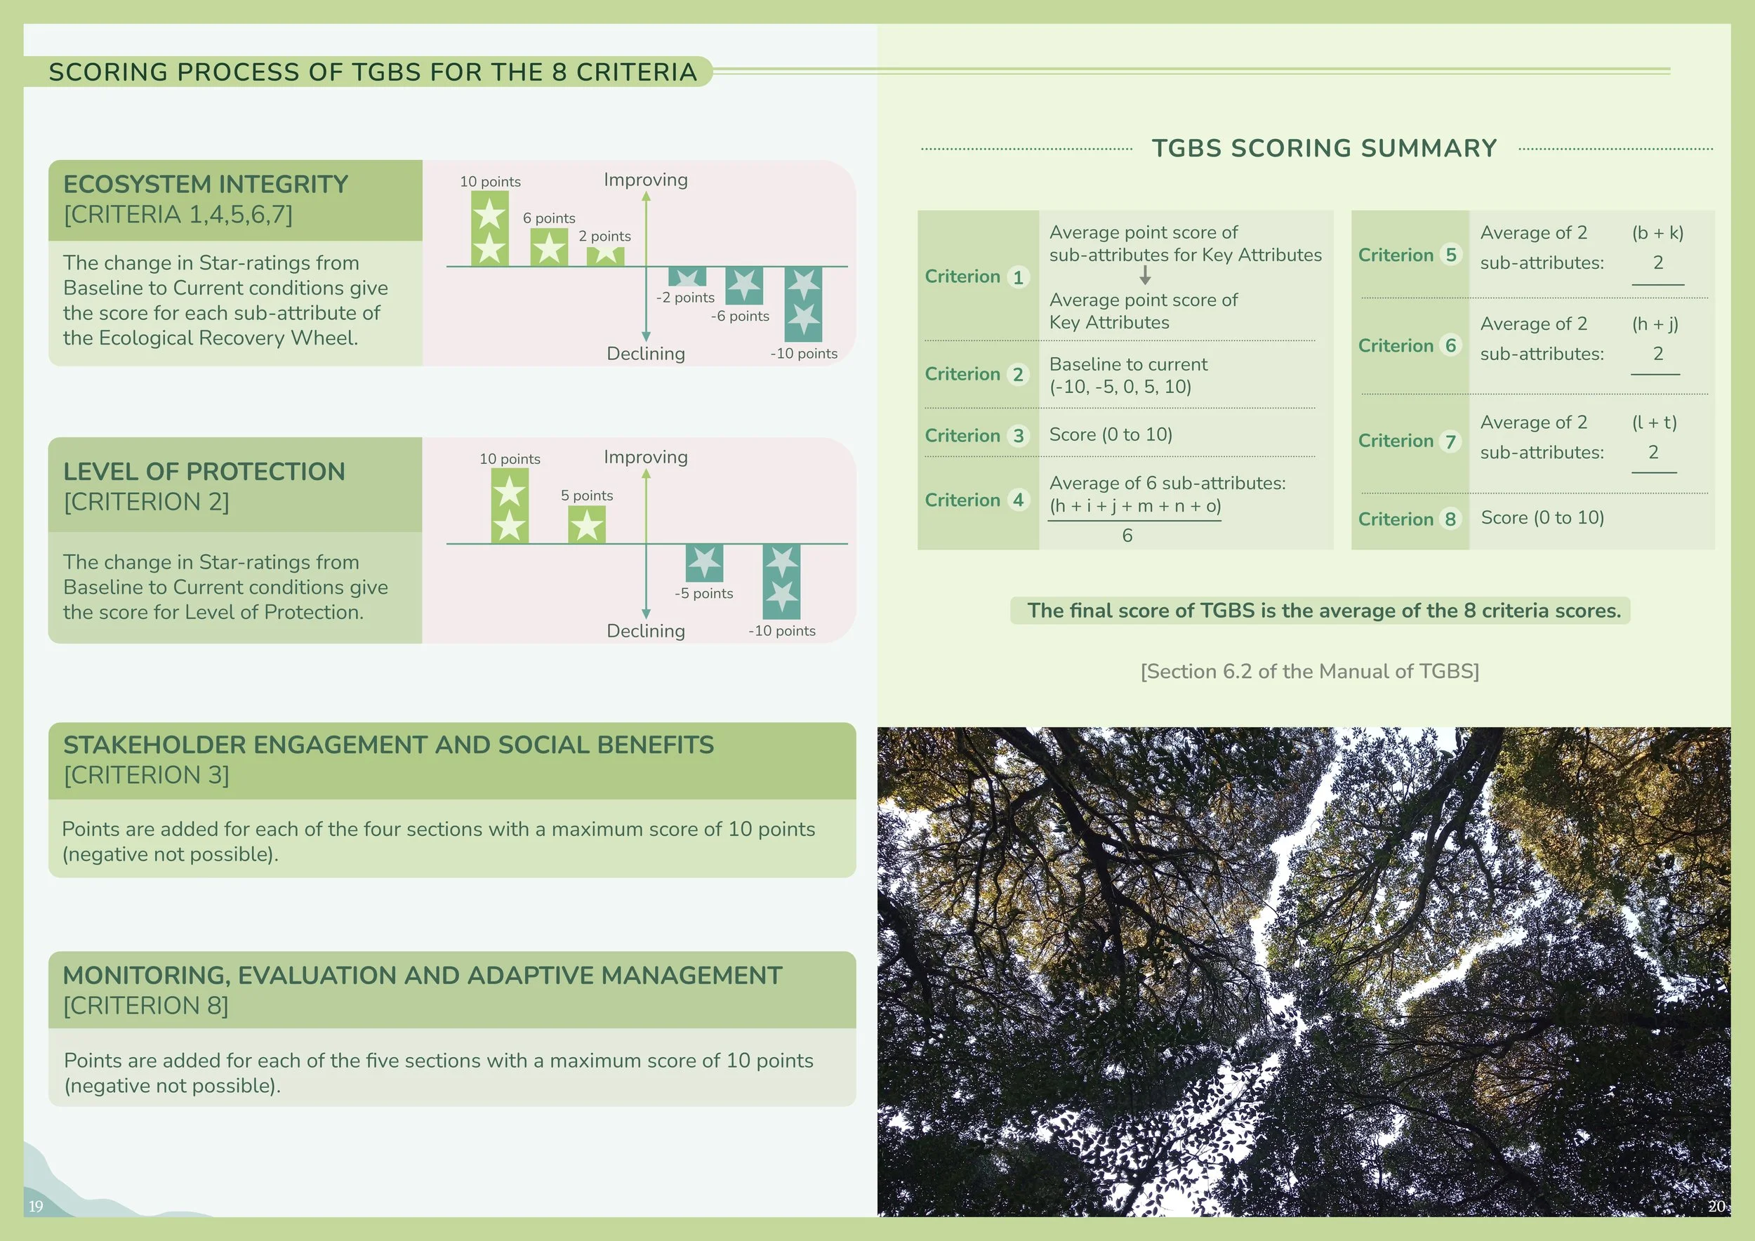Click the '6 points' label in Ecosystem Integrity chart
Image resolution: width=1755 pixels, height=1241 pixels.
click(549, 218)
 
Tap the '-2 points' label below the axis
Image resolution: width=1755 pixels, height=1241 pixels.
click(685, 297)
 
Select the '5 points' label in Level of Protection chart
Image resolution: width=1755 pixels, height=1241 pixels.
click(586, 495)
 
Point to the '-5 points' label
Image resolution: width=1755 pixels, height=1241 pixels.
click(703, 593)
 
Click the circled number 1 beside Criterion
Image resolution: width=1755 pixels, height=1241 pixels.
click(1017, 277)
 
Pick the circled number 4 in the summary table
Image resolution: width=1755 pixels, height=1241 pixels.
click(1017, 500)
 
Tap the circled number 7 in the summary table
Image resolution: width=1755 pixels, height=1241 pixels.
click(1450, 441)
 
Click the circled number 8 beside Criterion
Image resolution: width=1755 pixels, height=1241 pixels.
click(1450, 519)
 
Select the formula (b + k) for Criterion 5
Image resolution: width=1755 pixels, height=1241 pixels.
click(1657, 233)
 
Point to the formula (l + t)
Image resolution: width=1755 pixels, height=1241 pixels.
click(1654, 423)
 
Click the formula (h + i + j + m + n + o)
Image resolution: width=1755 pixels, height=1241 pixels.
click(1134, 506)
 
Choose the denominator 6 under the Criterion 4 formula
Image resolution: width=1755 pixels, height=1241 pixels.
click(1127, 536)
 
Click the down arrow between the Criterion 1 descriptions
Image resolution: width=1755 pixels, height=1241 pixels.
click(1145, 275)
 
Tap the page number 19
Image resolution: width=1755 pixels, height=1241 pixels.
click(36, 1206)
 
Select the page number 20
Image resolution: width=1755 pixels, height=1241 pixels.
click(1716, 1206)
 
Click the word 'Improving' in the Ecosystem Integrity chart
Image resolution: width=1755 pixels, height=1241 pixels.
click(645, 180)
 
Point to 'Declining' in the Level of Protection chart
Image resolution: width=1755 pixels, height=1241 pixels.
click(645, 631)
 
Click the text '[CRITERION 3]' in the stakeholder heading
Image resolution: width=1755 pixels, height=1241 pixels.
click(146, 775)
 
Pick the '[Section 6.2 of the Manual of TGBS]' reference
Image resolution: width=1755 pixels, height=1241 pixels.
click(1309, 671)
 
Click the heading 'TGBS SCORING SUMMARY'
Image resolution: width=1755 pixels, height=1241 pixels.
click(1324, 148)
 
